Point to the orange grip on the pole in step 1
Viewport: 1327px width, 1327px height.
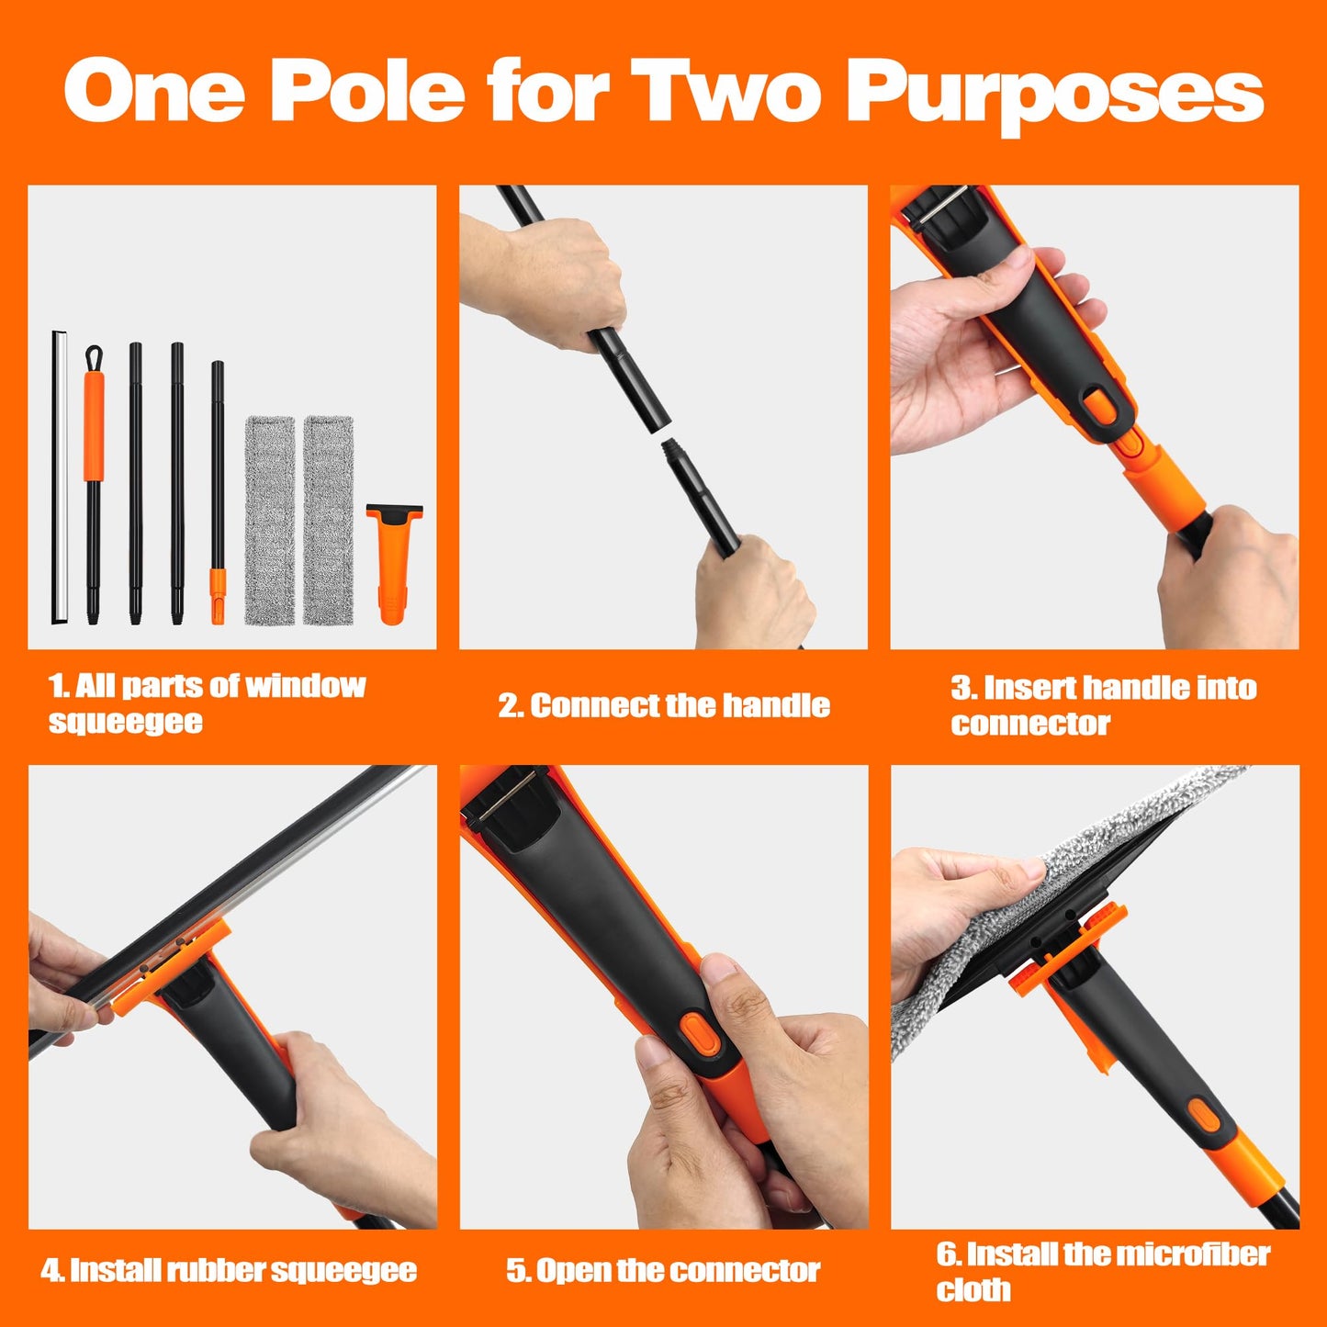94,425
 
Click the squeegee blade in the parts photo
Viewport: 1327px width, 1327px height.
59,478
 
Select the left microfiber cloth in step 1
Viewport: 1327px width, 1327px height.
270,520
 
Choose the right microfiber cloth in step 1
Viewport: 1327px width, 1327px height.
329,520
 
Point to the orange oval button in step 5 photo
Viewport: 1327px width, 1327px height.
704,1032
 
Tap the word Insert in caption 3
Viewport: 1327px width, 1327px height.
1035,688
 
